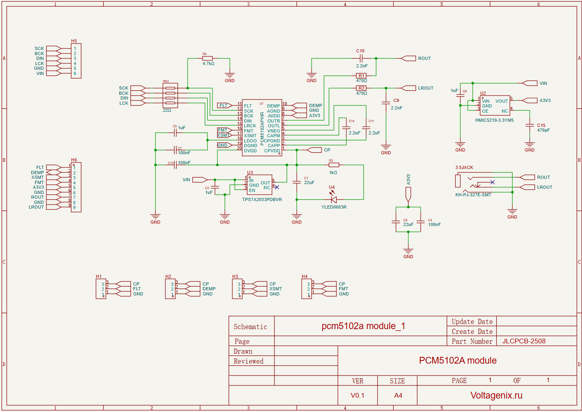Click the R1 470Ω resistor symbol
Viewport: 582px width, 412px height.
coord(361,76)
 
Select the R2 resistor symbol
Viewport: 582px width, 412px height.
coord(361,88)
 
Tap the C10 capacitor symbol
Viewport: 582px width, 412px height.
coord(360,58)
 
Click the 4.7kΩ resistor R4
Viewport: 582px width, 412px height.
coord(207,58)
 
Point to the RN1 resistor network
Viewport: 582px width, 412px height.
coord(170,96)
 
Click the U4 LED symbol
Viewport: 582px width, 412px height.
coord(333,199)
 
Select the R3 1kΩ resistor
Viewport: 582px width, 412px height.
coord(333,165)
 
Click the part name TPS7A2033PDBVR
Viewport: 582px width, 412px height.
coord(262,199)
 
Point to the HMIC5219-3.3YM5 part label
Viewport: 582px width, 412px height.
coord(494,120)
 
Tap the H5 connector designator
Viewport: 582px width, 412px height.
coord(74,41)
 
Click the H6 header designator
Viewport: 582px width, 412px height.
coord(74,160)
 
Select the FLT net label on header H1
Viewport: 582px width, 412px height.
coord(137,289)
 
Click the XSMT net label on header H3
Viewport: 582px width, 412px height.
coord(276,289)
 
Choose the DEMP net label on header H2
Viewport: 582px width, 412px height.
coord(209,289)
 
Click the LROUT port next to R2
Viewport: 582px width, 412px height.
coord(425,88)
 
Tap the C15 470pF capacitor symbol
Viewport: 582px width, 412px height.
coord(530,125)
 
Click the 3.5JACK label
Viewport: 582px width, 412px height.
coord(464,167)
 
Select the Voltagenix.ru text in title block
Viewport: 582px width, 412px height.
coord(496,395)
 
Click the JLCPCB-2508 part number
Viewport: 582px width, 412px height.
coord(524,341)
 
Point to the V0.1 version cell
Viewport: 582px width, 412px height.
coord(357,395)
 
